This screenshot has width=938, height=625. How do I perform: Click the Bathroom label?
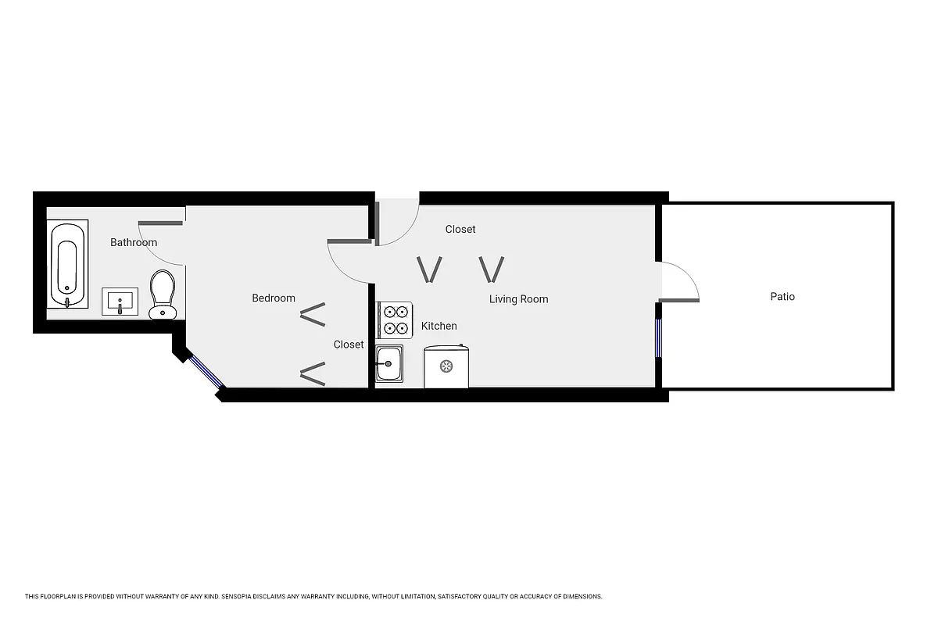coord(133,242)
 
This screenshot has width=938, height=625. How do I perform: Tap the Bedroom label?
coord(274,298)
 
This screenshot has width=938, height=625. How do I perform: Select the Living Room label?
coord(518,298)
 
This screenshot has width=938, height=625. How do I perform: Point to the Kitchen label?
coord(439,326)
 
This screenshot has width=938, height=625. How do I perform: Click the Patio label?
coord(782,297)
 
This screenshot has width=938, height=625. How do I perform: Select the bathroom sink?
coord(120,301)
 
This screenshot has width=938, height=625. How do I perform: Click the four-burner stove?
coord(394,320)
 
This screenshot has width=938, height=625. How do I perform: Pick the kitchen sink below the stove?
coord(388,363)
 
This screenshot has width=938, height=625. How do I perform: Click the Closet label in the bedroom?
coord(349,345)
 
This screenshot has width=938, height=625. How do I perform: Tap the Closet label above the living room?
coord(460,229)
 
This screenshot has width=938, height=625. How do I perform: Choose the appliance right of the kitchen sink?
coord(446,366)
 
